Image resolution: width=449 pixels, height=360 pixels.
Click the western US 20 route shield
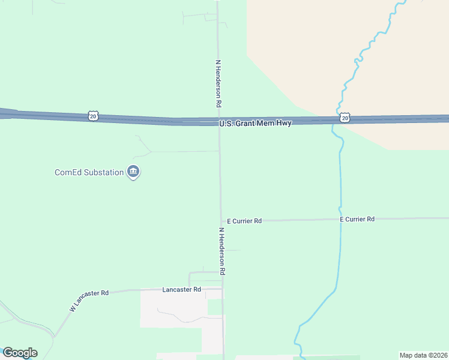point(92,116)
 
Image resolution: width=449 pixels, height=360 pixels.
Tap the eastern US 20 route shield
point(344,118)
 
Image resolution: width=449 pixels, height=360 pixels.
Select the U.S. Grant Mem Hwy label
point(255,124)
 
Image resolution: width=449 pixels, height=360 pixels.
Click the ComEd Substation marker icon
point(133,173)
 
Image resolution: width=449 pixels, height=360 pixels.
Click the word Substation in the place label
point(103,173)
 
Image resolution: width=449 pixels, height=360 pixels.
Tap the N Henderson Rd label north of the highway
point(219,83)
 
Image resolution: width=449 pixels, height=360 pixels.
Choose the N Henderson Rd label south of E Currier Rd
point(221,251)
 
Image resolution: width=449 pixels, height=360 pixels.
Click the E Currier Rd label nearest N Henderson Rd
point(244,221)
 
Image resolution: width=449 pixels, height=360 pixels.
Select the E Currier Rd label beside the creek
point(357,220)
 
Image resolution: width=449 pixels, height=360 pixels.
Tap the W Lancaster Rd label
point(89,300)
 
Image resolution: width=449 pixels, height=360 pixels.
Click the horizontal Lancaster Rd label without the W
point(182,290)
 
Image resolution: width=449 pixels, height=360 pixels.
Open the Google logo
point(20,353)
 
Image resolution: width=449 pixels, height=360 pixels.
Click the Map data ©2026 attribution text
point(424,355)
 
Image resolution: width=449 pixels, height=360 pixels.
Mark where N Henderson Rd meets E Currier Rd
point(221,221)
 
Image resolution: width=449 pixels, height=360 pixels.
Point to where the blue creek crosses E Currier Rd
point(340,220)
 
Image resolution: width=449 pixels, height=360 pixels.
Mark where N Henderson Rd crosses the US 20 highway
point(218,122)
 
